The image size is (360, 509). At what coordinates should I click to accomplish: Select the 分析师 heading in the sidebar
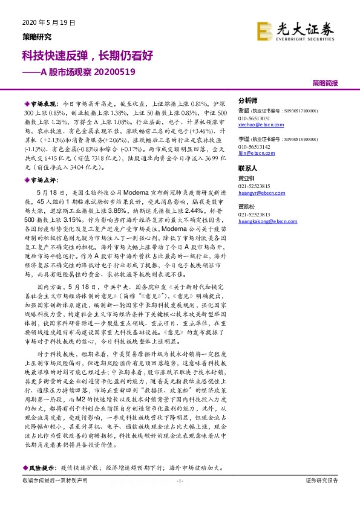pos(248,100)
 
